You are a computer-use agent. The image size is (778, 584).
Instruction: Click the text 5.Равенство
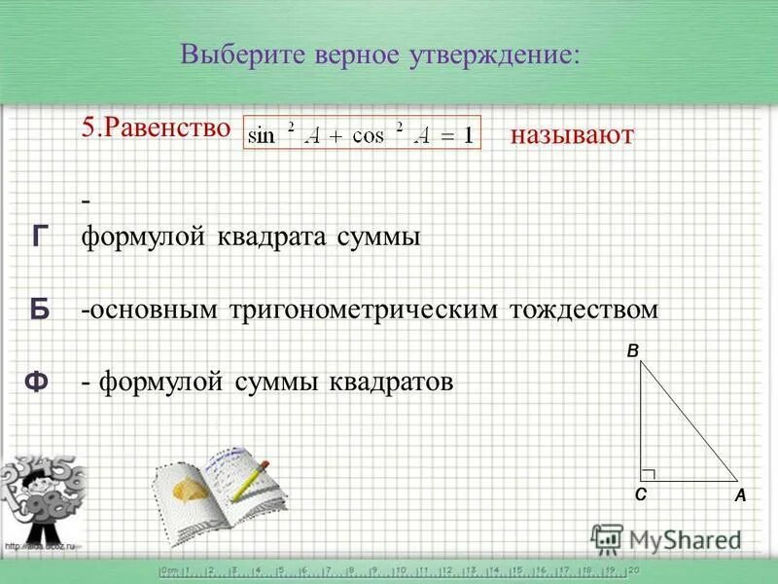click(x=156, y=129)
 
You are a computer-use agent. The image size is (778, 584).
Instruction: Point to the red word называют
click(x=571, y=135)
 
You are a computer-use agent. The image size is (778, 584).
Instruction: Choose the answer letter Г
click(x=39, y=237)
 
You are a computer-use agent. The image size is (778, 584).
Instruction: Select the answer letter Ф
click(x=37, y=383)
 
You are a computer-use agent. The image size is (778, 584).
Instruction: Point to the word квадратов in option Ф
click(x=393, y=383)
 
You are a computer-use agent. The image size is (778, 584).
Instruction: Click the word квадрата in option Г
click(x=266, y=237)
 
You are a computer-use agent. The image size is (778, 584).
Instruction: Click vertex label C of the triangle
click(x=640, y=494)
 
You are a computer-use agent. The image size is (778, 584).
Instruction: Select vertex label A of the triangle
click(x=740, y=495)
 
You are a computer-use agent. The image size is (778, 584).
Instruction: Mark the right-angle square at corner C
click(x=649, y=473)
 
